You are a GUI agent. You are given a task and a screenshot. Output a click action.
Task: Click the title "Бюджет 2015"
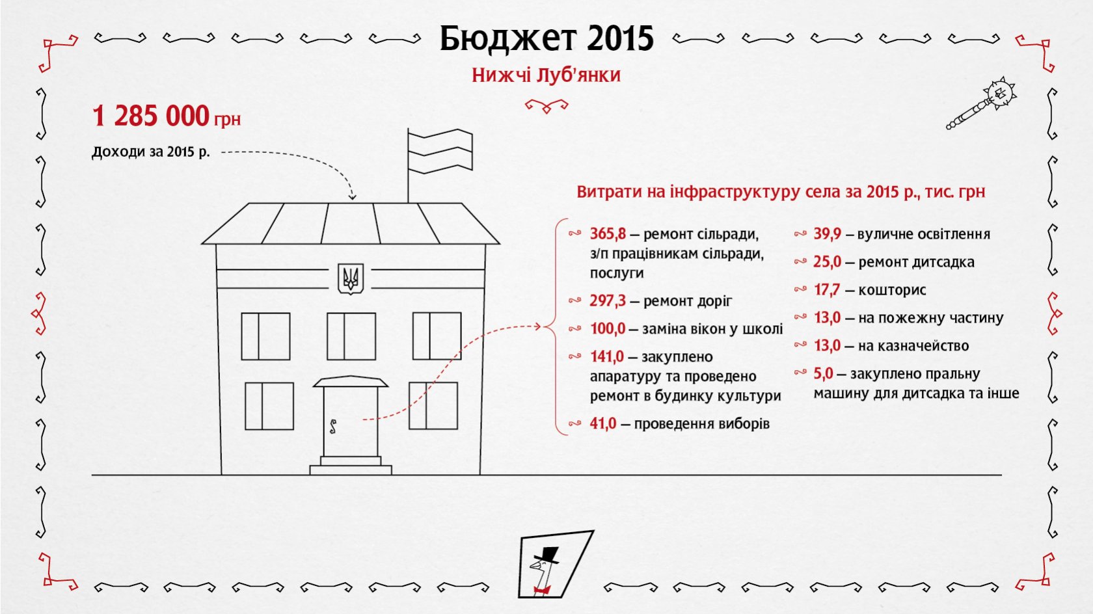pyautogui.click(x=546, y=38)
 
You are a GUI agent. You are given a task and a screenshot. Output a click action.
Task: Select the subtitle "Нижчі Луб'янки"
pyautogui.click(x=546, y=75)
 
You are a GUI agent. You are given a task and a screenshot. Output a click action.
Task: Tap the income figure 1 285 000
pyautogui.click(x=151, y=116)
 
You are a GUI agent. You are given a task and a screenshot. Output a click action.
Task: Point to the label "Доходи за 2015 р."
pyautogui.click(x=151, y=152)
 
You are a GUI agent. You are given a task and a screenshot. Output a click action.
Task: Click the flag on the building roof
pyautogui.click(x=440, y=151)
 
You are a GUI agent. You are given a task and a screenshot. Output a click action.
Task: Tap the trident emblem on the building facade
pyautogui.click(x=350, y=279)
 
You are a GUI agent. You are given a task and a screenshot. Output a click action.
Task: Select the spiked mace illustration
pyautogui.click(x=981, y=103)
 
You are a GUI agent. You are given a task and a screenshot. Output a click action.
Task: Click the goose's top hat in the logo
pyautogui.click(x=548, y=555)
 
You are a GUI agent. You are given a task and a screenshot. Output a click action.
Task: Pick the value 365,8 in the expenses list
pyautogui.click(x=608, y=234)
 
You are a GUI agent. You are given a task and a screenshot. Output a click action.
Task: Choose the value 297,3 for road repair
pyautogui.click(x=608, y=301)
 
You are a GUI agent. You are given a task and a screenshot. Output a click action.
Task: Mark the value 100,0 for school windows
pyautogui.click(x=608, y=328)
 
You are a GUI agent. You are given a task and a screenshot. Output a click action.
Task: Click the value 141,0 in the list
pyautogui.click(x=607, y=356)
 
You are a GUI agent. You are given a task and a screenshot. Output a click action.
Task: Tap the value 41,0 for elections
pyautogui.click(x=603, y=423)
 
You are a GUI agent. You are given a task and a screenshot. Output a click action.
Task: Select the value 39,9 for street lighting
pyautogui.click(x=827, y=234)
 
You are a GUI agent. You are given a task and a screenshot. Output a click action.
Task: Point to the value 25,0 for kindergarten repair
pyautogui.click(x=827, y=262)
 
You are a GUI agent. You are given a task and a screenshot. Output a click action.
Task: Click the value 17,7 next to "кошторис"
pyautogui.click(x=826, y=289)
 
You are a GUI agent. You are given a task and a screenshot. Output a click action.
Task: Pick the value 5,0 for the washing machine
pyautogui.click(x=823, y=373)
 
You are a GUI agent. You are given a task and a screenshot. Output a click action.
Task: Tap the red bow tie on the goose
pyautogui.click(x=541, y=591)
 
